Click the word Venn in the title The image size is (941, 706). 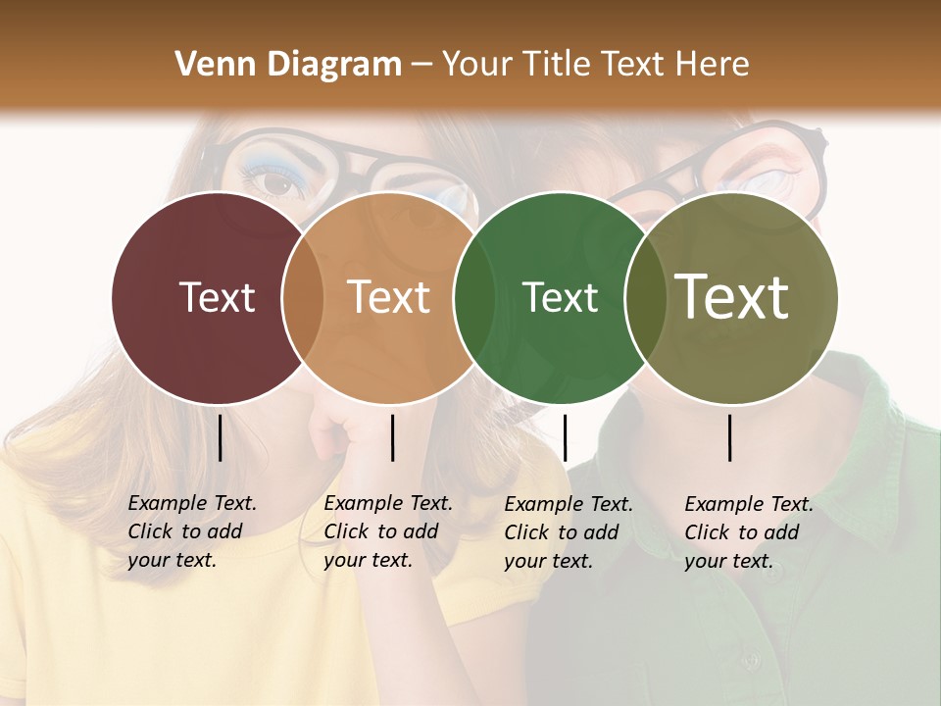pyautogui.click(x=209, y=65)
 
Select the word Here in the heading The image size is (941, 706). pyautogui.click(x=714, y=65)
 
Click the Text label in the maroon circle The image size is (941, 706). pyautogui.click(x=217, y=297)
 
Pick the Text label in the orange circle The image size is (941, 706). pyautogui.click(x=389, y=297)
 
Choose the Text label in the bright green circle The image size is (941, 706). pyautogui.click(x=560, y=297)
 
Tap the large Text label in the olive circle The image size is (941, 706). pyautogui.click(x=732, y=297)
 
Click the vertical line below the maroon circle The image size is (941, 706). pyautogui.click(x=220, y=437)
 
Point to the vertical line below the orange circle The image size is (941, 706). pyautogui.click(x=392, y=437)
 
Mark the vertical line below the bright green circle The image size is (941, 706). pyautogui.click(x=565, y=437)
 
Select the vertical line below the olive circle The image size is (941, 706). pyautogui.click(x=730, y=437)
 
